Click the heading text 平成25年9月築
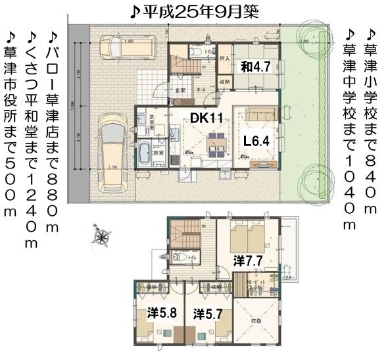tap(193, 11)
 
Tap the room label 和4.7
tap(255, 66)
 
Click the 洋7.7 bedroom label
tap(248, 261)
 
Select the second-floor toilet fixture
tap(181, 257)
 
